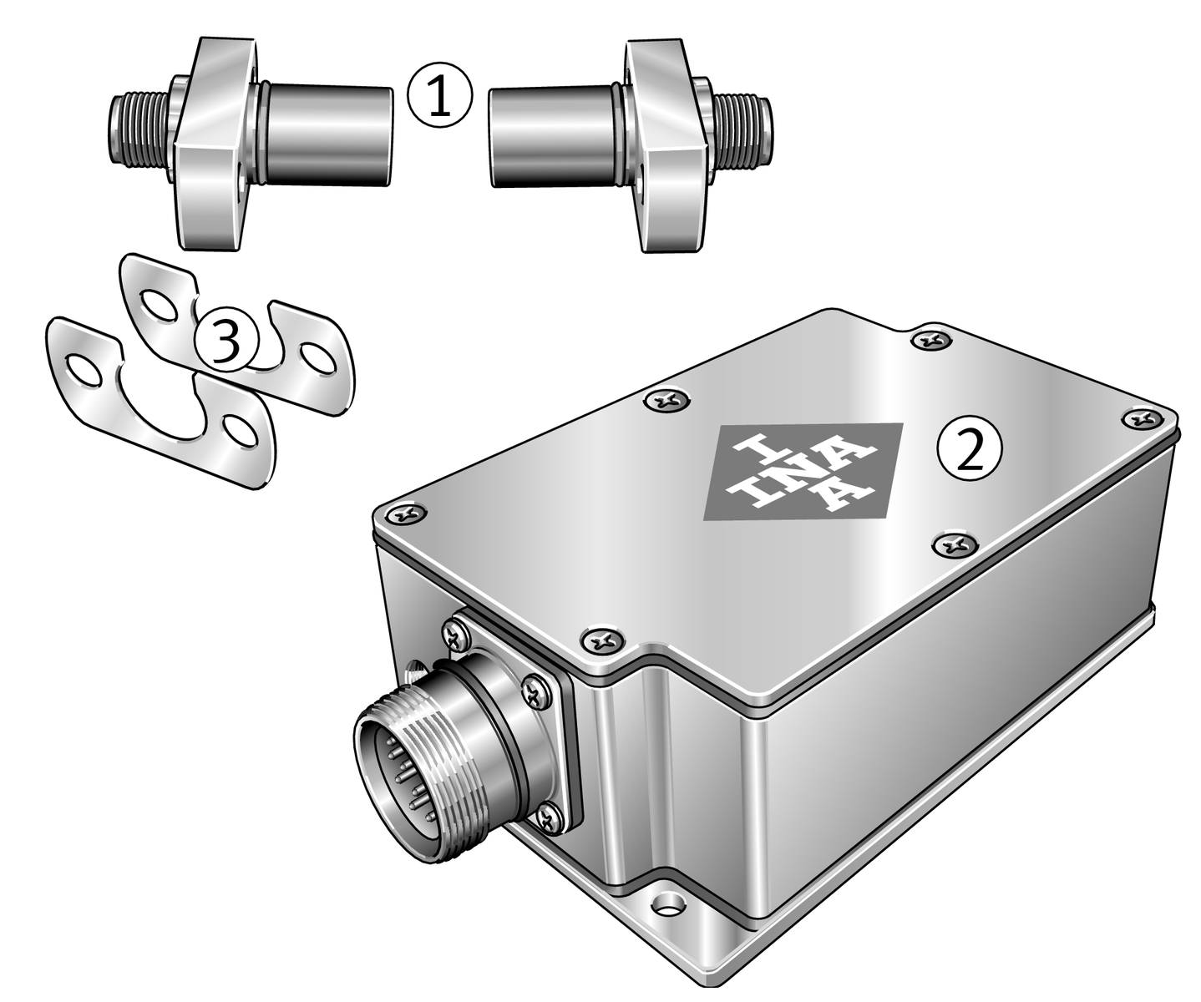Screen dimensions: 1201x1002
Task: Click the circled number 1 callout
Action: [439, 95]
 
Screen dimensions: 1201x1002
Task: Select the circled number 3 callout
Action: [225, 340]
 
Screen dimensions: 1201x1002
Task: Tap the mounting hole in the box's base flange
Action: [667, 900]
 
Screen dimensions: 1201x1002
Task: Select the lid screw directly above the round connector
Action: [603, 640]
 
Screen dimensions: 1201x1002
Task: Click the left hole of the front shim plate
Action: [84, 369]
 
